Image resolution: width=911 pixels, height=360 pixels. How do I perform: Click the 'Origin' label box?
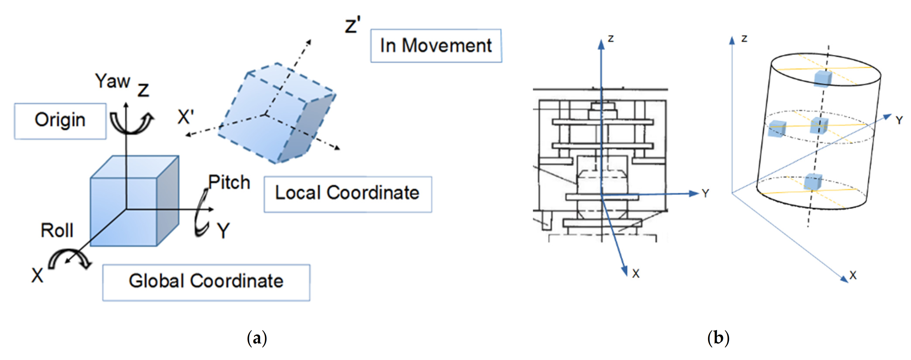60,121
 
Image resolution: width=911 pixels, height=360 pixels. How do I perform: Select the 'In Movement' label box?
436,46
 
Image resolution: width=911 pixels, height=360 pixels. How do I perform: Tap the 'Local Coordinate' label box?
347,194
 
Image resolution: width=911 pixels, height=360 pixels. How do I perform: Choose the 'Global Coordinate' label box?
206,282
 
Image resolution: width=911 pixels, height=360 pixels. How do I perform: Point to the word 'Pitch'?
229,182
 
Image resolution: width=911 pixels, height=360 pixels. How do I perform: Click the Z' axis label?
353,26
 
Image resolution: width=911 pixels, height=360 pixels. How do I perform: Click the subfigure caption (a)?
257,338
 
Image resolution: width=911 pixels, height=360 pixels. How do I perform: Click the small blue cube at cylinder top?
823,79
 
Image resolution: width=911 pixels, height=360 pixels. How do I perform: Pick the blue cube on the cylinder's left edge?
777,128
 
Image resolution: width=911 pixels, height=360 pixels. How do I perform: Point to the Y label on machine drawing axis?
705,194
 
